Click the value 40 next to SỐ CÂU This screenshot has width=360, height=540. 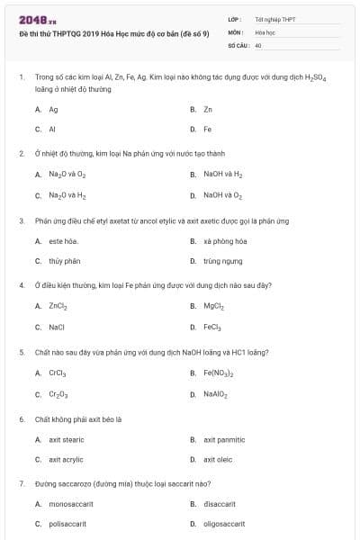(258, 44)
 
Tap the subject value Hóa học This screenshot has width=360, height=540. (264, 31)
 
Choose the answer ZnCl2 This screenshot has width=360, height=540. (58, 306)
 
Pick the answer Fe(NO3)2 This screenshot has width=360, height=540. (219, 373)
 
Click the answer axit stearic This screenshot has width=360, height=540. (67, 439)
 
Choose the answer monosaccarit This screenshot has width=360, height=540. (71, 504)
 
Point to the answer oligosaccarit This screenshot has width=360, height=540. (224, 524)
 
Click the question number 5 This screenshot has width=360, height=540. (22, 352)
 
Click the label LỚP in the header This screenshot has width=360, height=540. (234, 19)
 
